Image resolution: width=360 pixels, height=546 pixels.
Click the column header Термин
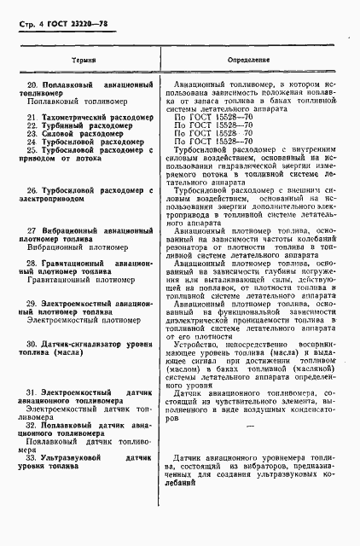pos(83,62)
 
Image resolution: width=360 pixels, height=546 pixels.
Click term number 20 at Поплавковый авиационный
pos(33,86)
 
